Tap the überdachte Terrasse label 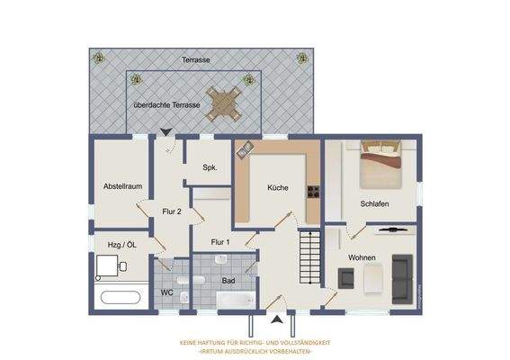click(167, 104)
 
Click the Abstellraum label click(123, 186)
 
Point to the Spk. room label click(210, 167)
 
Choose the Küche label click(278, 188)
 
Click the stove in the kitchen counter click(314, 191)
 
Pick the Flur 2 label click(172, 211)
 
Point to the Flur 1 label click(220, 242)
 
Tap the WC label click(166, 292)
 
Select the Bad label click(228, 280)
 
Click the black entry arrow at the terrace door click(166, 134)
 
